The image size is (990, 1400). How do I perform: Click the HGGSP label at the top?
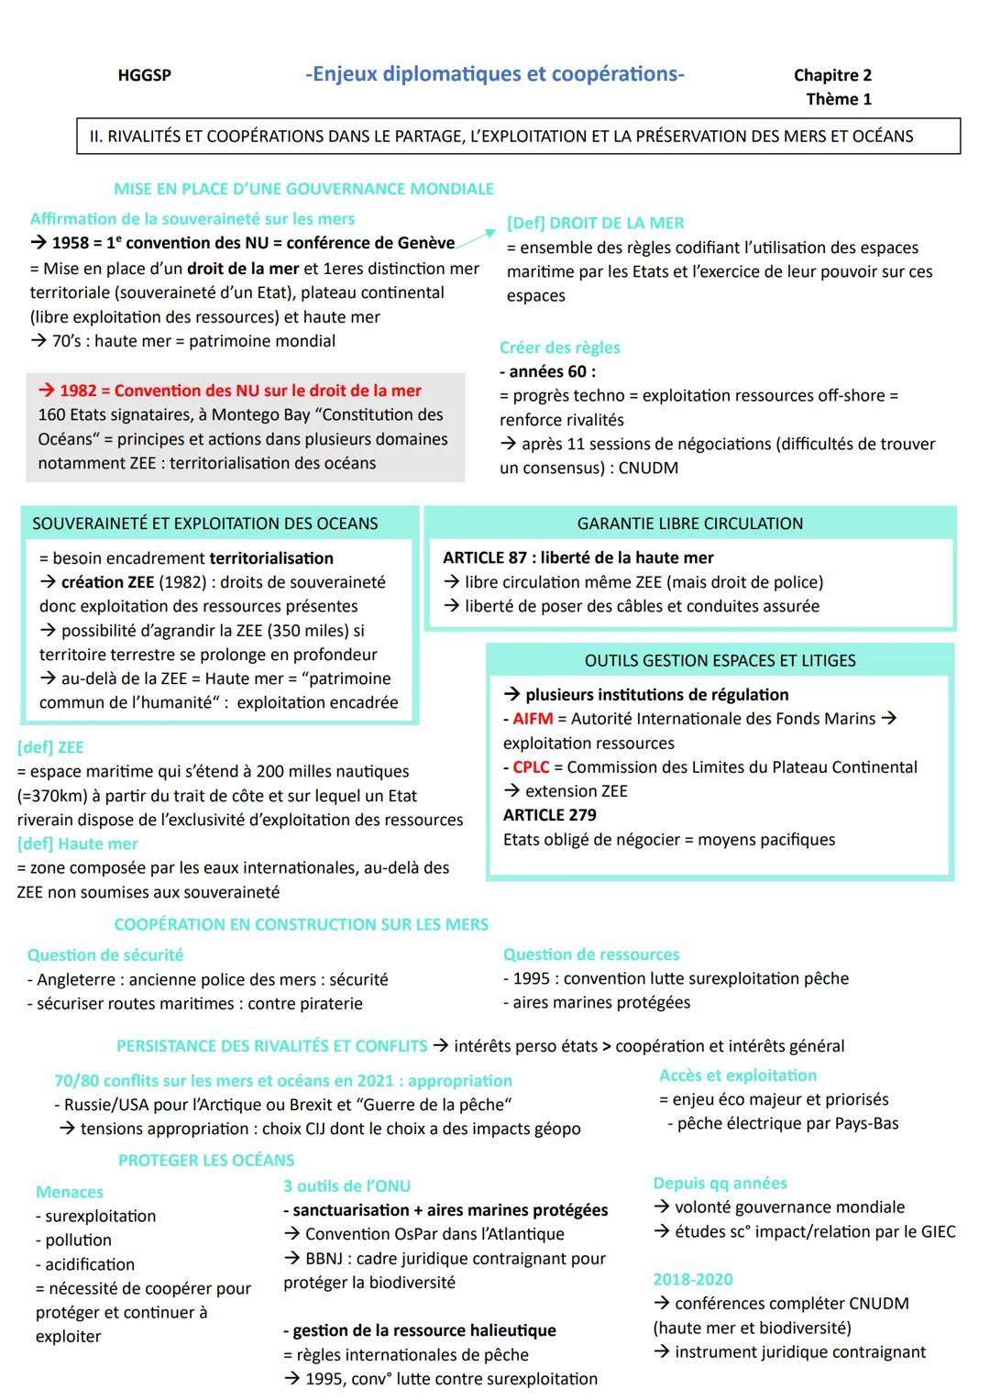144,75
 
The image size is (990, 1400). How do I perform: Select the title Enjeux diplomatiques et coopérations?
494,74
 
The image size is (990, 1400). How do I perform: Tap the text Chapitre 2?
832,75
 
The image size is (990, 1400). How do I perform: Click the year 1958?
71,243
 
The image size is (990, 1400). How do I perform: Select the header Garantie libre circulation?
689,524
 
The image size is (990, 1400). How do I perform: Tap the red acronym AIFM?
533,719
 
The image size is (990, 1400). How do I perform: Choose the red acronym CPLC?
531,767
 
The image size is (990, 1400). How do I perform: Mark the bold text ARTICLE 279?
549,815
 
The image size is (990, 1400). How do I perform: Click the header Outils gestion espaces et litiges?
720,660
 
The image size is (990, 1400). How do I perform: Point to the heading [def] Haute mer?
77,843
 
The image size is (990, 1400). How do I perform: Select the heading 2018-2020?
692,1279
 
